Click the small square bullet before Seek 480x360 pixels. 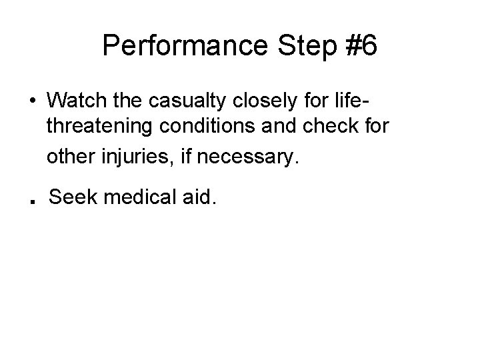[x=33, y=203]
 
